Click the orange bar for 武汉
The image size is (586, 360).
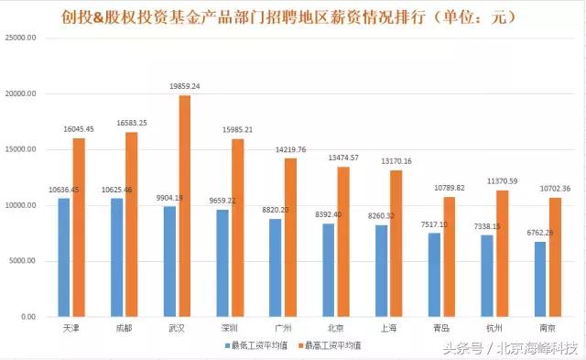coord(184,206)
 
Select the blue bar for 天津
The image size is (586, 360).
coord(63,257)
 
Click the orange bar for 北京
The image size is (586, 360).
coord(342,242)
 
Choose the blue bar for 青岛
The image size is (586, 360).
coord(434,275)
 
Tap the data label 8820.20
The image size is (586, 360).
coord(274,210)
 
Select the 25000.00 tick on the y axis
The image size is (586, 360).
coord(20,38)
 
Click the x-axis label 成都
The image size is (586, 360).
coord(124,328)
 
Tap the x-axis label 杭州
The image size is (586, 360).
coord(492,328)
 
